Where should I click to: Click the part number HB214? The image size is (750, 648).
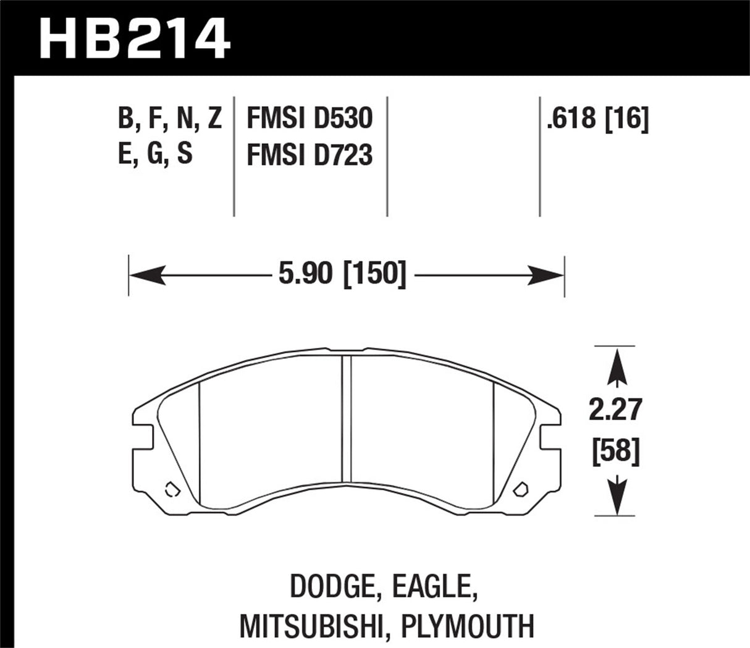[135, 38]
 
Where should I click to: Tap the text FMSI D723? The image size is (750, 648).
[309, 155]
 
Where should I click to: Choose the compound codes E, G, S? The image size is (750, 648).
[155, 154]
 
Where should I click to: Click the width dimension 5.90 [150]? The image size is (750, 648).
[342, 274]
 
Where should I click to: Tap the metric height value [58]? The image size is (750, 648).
[616, 452]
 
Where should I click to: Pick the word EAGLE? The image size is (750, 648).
[435, 588]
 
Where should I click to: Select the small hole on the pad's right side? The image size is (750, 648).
[520, 489]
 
